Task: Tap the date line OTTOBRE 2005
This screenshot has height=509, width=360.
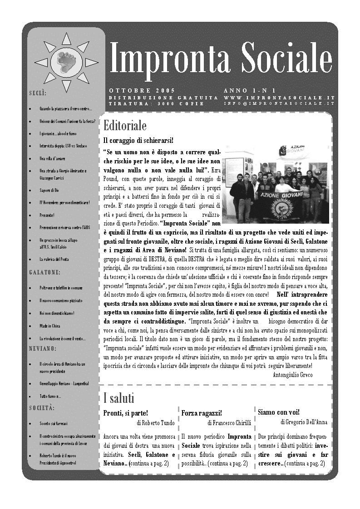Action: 142,91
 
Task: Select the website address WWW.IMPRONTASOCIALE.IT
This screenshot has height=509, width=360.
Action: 279,98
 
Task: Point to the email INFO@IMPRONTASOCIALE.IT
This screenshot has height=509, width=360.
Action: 279,103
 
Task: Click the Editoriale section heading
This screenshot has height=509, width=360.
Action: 125,125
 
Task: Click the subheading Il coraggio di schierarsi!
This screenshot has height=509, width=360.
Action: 132,140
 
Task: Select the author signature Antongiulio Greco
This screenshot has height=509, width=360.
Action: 293,375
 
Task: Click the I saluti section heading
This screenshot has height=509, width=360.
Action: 119,399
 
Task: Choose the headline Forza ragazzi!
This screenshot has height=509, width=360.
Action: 202,413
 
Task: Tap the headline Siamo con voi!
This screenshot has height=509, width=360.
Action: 279,412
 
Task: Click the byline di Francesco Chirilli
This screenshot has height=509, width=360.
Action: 229,422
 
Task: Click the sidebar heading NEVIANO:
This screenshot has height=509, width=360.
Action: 43,348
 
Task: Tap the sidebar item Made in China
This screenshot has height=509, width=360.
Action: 50,326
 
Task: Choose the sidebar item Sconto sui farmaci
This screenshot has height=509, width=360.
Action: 53,423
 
